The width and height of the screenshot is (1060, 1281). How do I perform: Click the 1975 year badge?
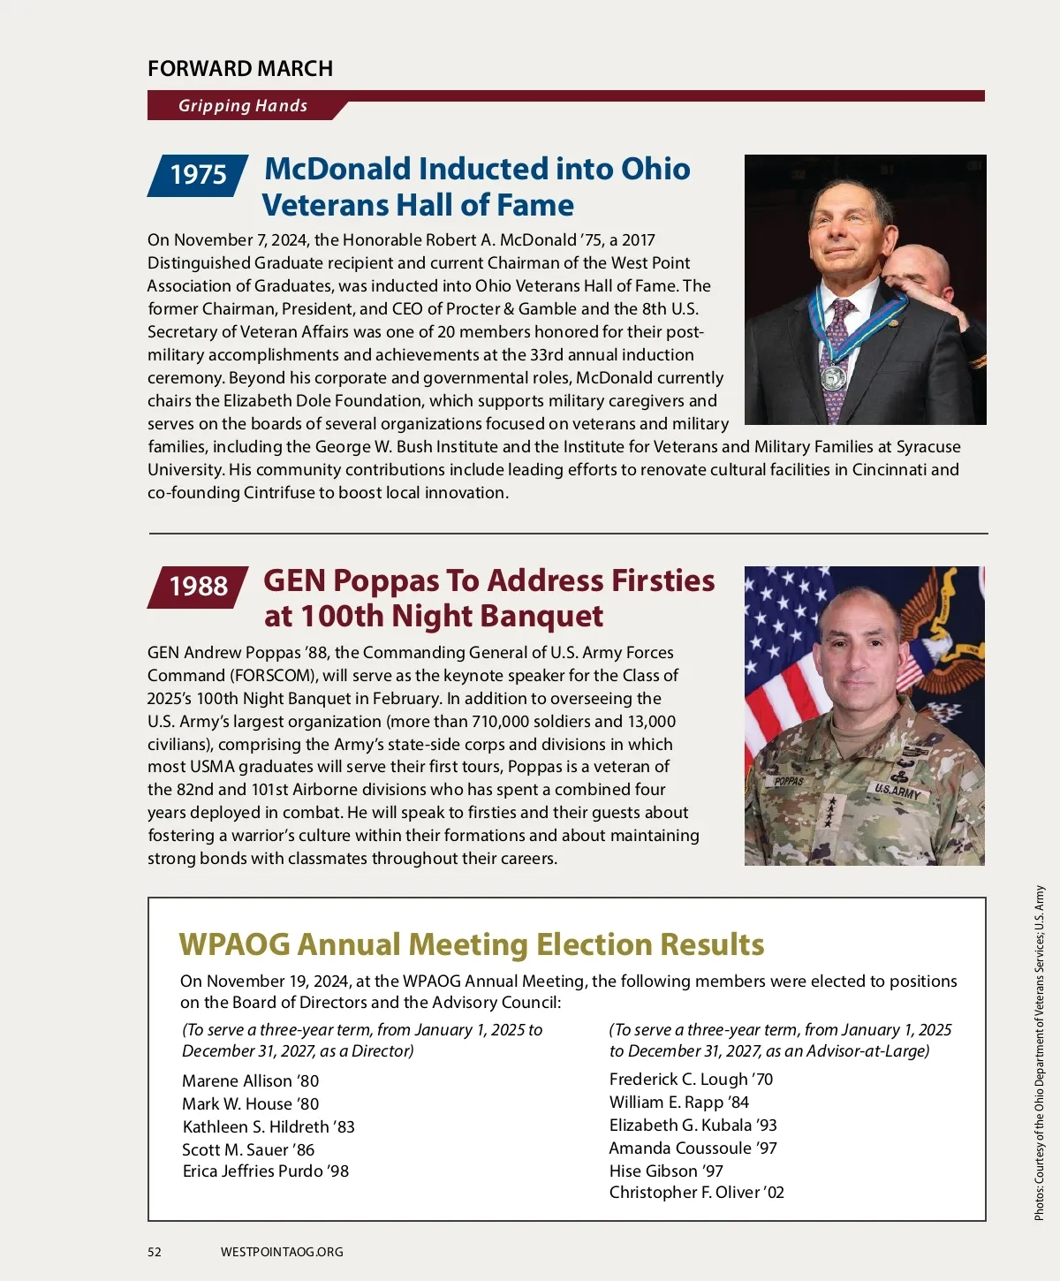pyautogui.click(x=198, y=175)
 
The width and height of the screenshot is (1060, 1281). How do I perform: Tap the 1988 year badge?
pyautogui.click(x=198, y=587)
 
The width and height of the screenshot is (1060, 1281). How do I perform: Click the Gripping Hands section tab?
pyautogui.click(x=243, y=106)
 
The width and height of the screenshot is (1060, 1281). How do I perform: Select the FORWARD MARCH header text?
pyautogui.click(x=240, y=69)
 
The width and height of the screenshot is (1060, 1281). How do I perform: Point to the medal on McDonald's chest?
pyautogui.click(x=835, y=377)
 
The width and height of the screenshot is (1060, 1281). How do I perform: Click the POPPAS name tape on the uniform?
pyautogui.click(x=789, y=782)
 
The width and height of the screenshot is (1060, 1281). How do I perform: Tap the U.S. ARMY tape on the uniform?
pyautogui.click(x=897, y=791)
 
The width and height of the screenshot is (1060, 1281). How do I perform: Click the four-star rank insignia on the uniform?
pyautogui.click(x=829, y=811)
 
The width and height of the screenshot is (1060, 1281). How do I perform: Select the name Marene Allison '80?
pyautogui.click(x=250, y=1081)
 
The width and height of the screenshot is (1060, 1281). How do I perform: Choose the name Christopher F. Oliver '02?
pyautogui.click(x=696, y=1193)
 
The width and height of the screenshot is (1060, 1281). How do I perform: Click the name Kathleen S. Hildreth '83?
pyautogui.click(x=269, y=1127)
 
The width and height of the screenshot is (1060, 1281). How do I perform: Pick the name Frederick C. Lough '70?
pyautogui.click(x=691, y=1080)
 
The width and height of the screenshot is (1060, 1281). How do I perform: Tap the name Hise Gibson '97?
pyautogui.click(x=666, y=1171)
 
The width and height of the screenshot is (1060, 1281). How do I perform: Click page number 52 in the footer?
pyautogui.click(x=155, y=1252)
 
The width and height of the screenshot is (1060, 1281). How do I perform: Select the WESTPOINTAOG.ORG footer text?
pyautogui.click(x=282, y=1252)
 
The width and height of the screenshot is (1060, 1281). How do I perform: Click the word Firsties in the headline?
pyautogui.click(x=663, y=581)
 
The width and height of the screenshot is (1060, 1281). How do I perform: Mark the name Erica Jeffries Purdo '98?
pyautogui.click(x=265, y=1171)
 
